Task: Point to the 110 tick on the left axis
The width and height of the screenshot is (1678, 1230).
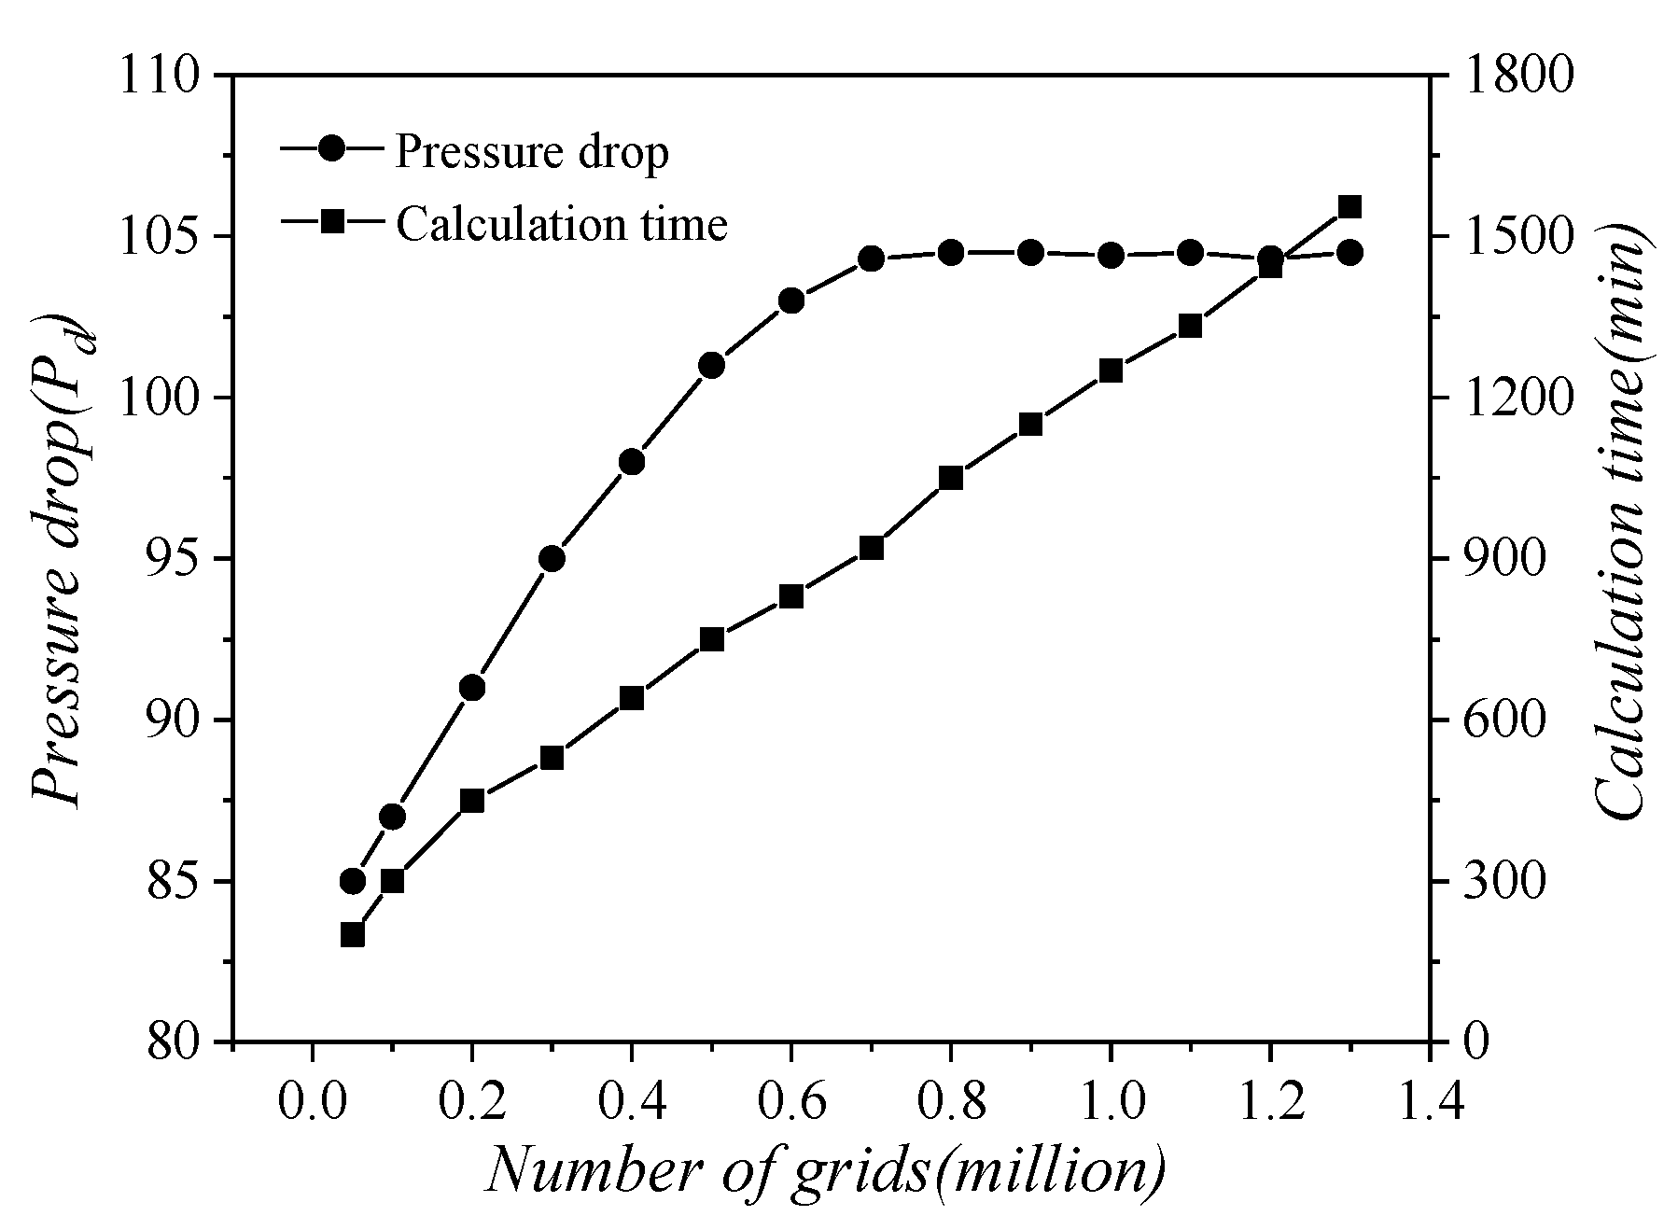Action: (x=160, y=76)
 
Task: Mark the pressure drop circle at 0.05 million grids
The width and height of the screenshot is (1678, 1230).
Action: (x=352, y=881)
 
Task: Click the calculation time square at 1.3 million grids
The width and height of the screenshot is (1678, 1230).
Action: (x=1349, y=206)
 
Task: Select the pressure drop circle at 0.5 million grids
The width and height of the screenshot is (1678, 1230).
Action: (x=711, y=365)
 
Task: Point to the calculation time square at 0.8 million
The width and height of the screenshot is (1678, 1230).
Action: (x=951, y=478)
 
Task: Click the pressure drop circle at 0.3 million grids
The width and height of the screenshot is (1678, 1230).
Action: (x=552, y=559)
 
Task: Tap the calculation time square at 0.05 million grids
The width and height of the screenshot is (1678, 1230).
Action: (x=352, y=934)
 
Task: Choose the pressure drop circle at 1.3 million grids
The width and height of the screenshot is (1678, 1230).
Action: (x=1349, y=252)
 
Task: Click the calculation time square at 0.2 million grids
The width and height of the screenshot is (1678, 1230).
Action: (x=472, y=801)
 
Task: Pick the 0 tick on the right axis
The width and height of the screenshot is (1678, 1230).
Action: (x=1475, y=1041)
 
